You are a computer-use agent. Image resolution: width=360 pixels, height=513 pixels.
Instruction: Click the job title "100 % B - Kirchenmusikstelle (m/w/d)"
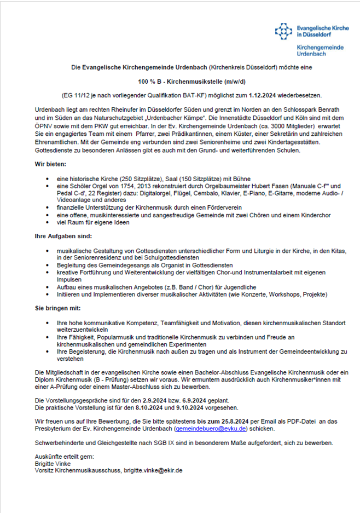pyautogui.click(x=180, y=81)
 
